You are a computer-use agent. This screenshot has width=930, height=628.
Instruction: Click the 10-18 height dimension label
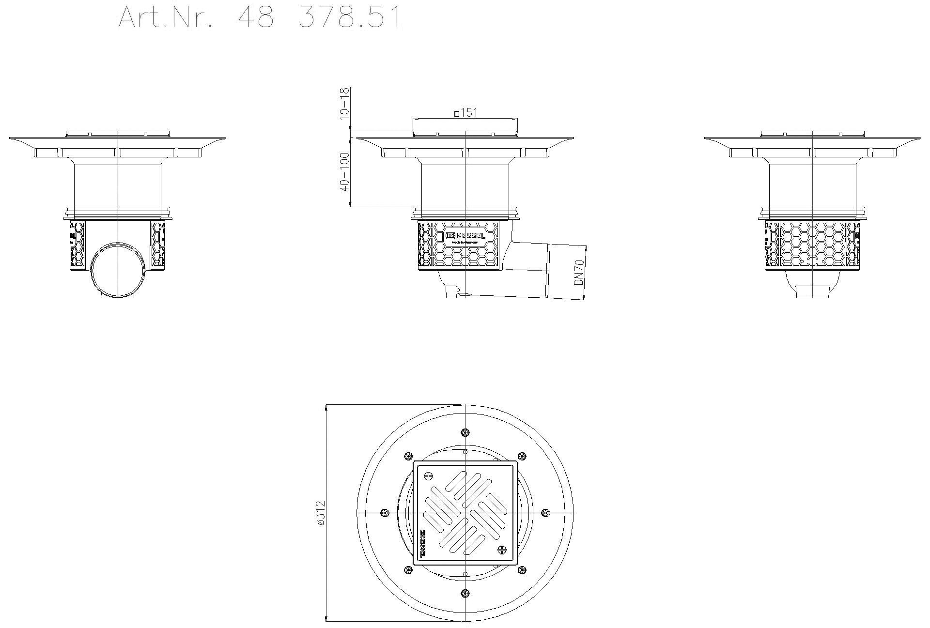tap(344, 104)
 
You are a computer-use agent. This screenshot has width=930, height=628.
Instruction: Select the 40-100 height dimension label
tap(344, 172)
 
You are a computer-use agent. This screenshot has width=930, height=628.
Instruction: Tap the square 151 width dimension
tap(465, 113)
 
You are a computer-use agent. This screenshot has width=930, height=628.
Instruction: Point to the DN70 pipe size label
tap(579, 272)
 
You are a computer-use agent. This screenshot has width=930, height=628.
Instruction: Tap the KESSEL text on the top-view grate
tap(421, 544)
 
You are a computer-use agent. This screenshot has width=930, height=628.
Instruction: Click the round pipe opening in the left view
tap(117, 270)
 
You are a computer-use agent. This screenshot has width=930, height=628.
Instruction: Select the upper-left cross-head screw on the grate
tap(428, 476)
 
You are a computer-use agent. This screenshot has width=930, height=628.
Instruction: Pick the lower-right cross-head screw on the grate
tap(502, 550)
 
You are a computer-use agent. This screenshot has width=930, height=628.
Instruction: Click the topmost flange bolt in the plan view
tap(465, 432)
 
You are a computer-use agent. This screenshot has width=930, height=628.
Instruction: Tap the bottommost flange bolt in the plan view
tap(465, 593)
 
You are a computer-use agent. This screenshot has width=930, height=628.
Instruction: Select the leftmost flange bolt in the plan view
tap(385, 513)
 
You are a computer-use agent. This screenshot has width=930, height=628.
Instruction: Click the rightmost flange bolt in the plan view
tap(545, 513)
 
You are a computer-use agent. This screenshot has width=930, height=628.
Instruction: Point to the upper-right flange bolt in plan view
tap(522, 456)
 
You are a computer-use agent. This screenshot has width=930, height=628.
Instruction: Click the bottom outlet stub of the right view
tap(813, 292)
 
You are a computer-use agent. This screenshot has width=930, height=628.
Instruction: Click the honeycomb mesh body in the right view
tap(812, 245)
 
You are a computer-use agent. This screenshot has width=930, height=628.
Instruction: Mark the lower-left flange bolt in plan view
tap(408, 570)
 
